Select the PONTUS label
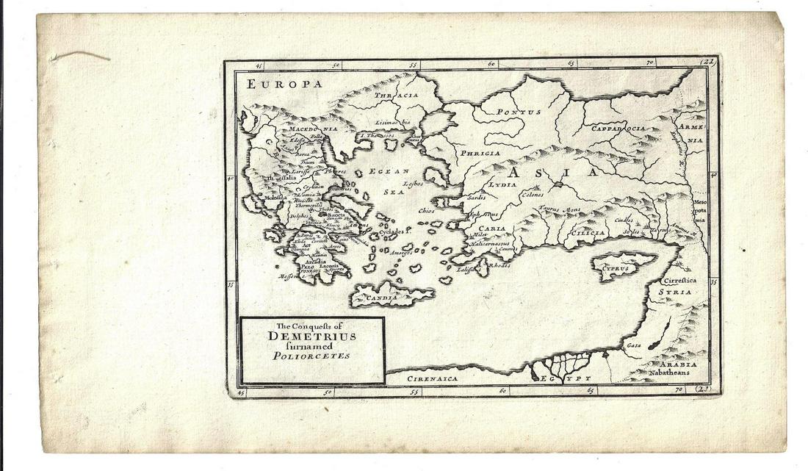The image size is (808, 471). click(519, 112)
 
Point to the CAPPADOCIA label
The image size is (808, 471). click(619, 128)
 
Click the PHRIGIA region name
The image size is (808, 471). click(480, 154)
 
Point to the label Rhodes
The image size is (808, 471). click(499, 266)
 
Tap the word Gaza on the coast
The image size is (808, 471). click(633, 345)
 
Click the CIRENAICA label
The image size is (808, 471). click(432, 378)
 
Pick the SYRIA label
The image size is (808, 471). click(674, 292)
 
